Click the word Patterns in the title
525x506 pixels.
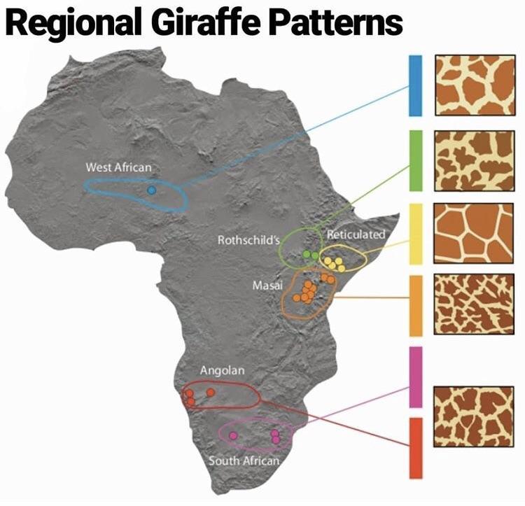coord(335,22)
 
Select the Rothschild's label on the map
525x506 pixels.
coord(248,240)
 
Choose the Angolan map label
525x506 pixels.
coord(222,370)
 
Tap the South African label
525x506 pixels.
coord(244,461)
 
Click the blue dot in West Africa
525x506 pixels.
coord(151,190)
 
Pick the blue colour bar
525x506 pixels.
coord(415,85)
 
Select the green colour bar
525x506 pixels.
coord(415,160)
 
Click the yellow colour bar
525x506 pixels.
coord(415,234)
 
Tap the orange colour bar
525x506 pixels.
coord(415,306)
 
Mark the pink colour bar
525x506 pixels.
coord(415,377)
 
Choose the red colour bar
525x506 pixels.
coord(415,448)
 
